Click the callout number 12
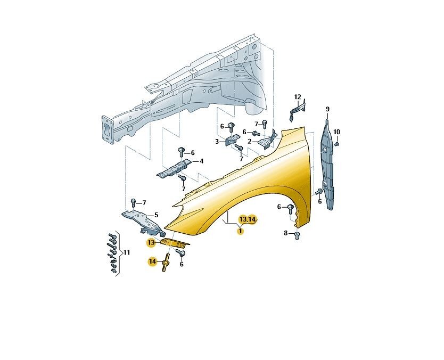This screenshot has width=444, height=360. click(x=297, y=97)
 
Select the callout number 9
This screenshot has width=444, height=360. click(x=327, y=109)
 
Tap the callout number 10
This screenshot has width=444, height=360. click(x=336, y=132)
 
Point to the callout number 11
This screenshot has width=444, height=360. click(x=127, y=252)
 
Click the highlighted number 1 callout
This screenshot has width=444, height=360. click(x=241, y=231)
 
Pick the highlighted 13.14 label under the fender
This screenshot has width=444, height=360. click(x=248, y=219)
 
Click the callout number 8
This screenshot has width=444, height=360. click(x=286, y=233)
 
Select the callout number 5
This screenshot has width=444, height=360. click(x=156, y=215)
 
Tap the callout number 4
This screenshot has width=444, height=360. click(x=201, y=161)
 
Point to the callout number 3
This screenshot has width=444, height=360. click(x=217, y=141)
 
